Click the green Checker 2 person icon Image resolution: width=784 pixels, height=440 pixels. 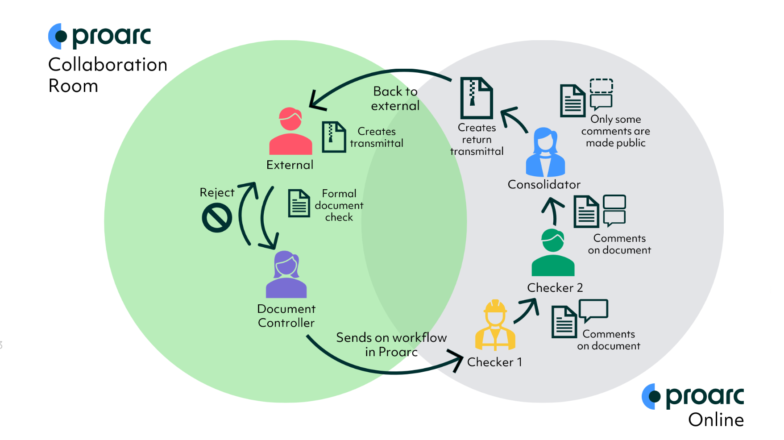[x=553, y=253]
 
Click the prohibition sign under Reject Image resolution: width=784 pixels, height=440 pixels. [x=217, y=218]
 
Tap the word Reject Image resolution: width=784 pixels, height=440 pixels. [x=217, y=192]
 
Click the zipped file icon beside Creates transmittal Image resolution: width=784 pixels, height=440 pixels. [x=334, y=137]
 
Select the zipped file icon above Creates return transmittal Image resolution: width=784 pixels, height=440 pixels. [x=476, y=98]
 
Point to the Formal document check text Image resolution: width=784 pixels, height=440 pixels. [x=339, y=205]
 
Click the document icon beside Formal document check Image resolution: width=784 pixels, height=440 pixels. [x=299, y=203]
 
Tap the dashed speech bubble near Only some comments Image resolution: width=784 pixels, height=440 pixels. [x=601, y=86]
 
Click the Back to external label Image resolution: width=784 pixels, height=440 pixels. [x=395, y=99]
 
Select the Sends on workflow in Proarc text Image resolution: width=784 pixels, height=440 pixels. [x=391, y=345]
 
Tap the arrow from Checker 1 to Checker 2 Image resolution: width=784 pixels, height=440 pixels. [x=527, y=311]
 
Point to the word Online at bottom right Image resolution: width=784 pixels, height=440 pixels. [x=716, y=420]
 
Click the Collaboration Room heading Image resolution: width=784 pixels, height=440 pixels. [x=108, y=75]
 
